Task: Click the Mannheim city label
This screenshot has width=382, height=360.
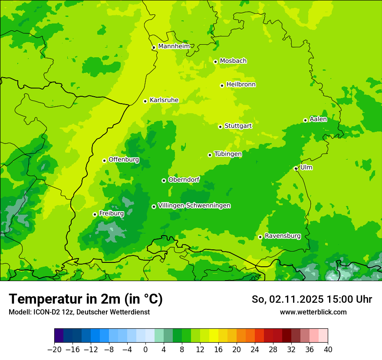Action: pos(174,46)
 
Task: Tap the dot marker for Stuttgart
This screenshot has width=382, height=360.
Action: pos(220,127)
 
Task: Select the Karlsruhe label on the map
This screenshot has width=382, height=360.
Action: pos(164,100)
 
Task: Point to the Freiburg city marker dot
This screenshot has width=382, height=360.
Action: pos(95,214)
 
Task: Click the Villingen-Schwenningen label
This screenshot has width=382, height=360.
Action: pos(194,206)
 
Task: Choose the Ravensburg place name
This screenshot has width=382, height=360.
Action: pos(282,236)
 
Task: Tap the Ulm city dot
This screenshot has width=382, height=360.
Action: pos(296,168)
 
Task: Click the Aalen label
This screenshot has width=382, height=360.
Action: pos(318,119)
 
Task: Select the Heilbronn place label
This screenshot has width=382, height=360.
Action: pos(241,85)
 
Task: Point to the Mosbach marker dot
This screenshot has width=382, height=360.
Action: pos(215,62)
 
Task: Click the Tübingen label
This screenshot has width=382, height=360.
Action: pos(228,154)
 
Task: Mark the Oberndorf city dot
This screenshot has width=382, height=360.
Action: pos(164,180)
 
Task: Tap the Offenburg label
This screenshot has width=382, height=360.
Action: pos(124,160)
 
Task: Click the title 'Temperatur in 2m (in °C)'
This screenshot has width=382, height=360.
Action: pos(86,299)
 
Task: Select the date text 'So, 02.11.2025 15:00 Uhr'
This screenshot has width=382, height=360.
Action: pos(312,299)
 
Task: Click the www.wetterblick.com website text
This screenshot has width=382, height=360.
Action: pos(313,312)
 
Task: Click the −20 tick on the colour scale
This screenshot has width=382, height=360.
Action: pos(55,350)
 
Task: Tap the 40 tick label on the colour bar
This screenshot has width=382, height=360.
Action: pos(328,350)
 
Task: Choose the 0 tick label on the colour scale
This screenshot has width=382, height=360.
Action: pos(145,350)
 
